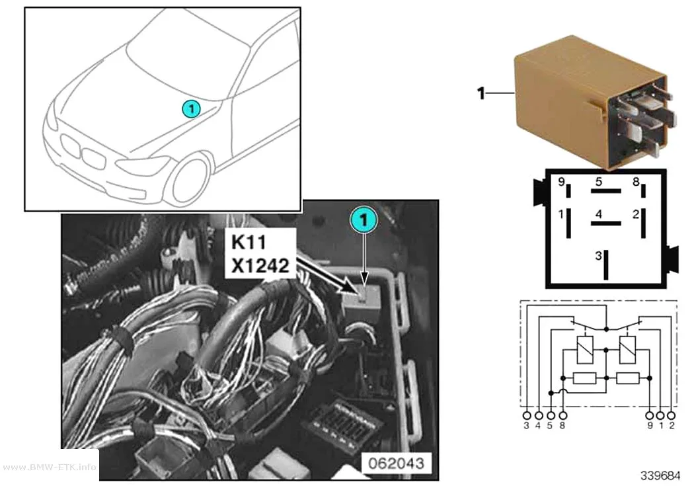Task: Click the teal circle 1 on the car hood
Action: click(191, 108)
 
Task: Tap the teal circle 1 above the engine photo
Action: click(364, 220)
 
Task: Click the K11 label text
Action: click(249, 242)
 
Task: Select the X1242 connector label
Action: click(260, 266)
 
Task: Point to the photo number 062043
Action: click(396, 464)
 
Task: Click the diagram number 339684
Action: click(660, 475)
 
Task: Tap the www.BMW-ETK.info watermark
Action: click(49, 467)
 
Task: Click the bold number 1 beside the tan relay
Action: click(481, 93)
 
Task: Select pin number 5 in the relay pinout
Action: click(598, 181)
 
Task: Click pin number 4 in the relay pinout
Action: click(598, 214)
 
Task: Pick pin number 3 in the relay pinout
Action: click(598, 256)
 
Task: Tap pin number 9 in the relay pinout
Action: click(561, 181)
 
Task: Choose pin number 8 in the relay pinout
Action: click(636, 181)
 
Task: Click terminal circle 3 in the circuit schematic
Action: click(527, 416)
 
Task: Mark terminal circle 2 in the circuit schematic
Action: click(672, 416)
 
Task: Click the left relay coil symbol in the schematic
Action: click(585, 350)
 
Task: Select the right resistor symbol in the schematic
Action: click(628, 378)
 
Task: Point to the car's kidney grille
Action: click(83, 151)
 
